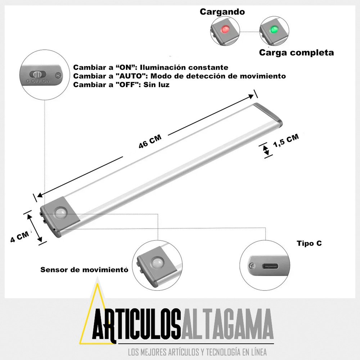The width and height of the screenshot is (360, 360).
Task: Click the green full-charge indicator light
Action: point(274,30)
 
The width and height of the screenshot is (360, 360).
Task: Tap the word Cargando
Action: point(222,12)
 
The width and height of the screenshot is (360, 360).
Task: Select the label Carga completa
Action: point(296,53)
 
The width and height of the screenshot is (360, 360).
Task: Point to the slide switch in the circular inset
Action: point(38,74)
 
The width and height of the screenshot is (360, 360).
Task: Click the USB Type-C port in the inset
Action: point(270,266)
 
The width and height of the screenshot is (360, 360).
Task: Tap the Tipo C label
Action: point(309,243)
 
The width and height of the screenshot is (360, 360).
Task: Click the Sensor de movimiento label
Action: point(84,270)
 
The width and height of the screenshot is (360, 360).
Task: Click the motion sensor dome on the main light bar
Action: point(60,213)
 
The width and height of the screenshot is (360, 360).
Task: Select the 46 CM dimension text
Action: point(150,141)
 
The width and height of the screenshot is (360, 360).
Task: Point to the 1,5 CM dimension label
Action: point(286,140)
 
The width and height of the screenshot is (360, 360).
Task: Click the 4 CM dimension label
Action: point(20,237)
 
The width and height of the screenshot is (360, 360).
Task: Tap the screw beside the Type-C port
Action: point(252,266)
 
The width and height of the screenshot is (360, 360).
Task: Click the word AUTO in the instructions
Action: point(131,76)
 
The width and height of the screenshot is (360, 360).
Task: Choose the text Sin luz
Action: point(157,85)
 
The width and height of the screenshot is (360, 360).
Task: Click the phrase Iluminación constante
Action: point(184,68)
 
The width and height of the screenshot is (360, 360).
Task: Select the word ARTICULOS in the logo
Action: point(136,324)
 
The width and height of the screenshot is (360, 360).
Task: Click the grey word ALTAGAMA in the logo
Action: point(227,324)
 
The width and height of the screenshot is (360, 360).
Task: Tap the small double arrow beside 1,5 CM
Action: point(266,150)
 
